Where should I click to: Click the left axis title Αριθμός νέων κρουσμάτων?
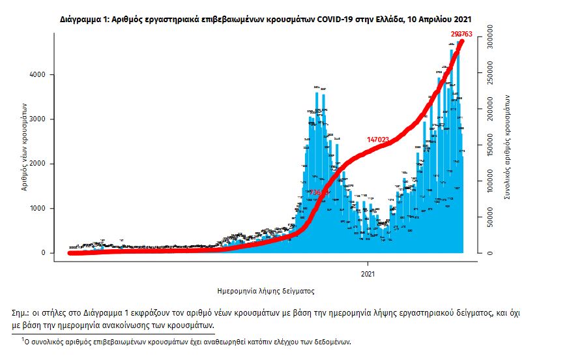tap(23, 147)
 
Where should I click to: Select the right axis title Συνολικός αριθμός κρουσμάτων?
tap(507, 147)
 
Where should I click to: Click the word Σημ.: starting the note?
tap(22, 312)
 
